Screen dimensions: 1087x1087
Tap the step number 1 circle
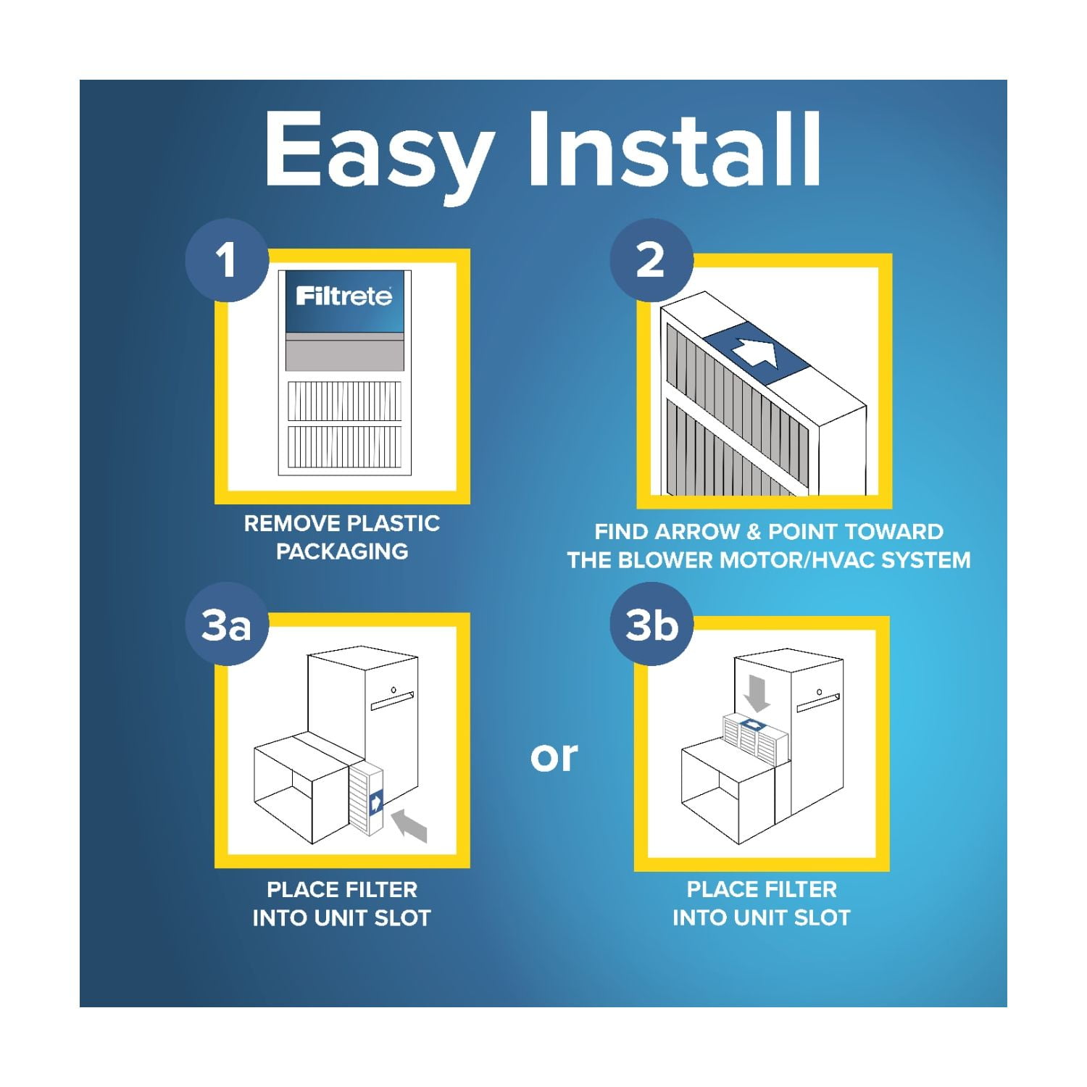click(x=227, y=260)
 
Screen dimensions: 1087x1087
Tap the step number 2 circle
click(x=651, y=260)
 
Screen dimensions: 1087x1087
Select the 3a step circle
click(x=227, y=625)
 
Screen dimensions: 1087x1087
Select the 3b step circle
click(x=651, y=625)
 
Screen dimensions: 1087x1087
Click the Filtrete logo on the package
click(x=343, y=296)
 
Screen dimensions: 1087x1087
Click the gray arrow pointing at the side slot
click(x=410, y=827)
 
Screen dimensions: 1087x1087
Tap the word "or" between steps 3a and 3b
click(x=554, y=757)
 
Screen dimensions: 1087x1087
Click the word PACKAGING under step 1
click(x=342, y=551)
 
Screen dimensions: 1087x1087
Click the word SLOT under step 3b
click(x=822, y=917)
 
